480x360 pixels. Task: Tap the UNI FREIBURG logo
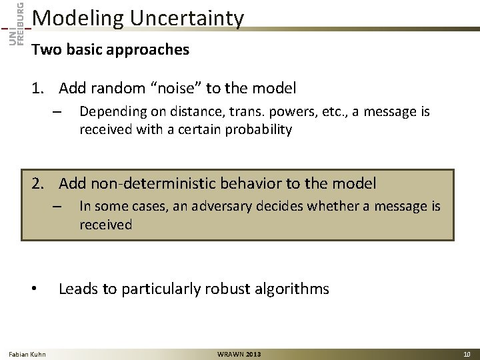pos(16,23)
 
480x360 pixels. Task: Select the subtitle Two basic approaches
pos(110,50)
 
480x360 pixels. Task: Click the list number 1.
pos(38,88)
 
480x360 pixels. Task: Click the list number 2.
pos(38,183)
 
